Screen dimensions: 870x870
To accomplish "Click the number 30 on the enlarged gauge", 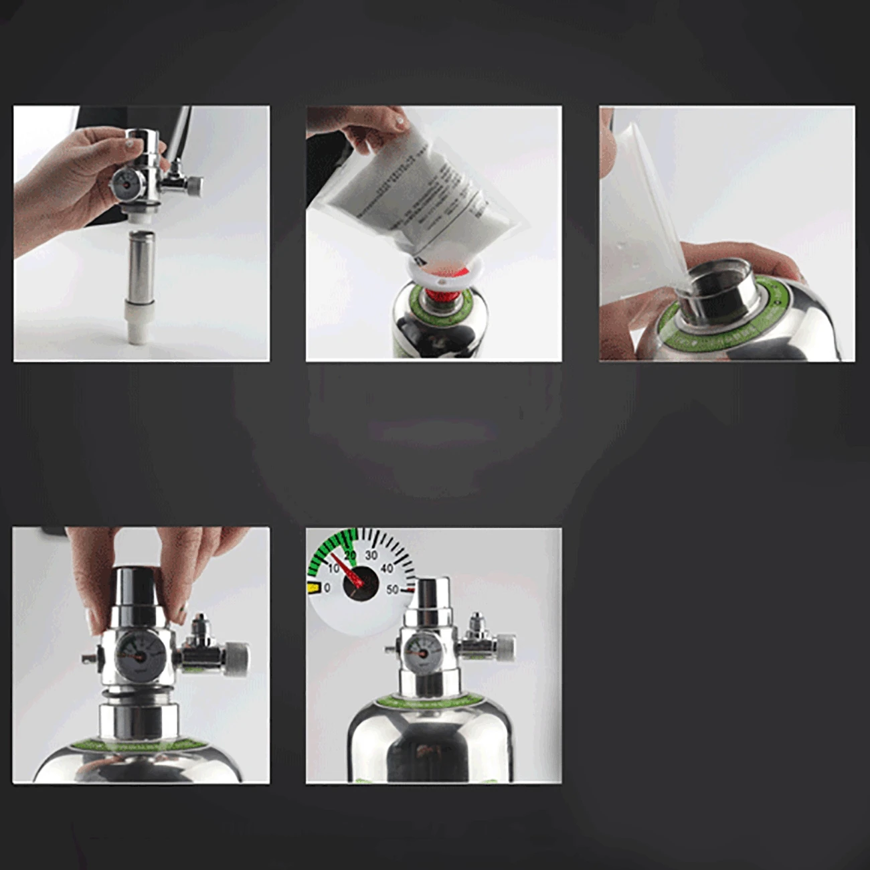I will point(370,555).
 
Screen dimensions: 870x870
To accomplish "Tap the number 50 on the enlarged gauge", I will point(391,590).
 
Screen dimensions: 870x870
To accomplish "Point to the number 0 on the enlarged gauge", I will point(327,588).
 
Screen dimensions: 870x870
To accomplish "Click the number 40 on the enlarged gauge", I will point(386,569).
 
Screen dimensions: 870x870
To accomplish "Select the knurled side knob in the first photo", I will point(194,185).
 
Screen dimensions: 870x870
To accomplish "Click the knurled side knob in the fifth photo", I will point(505,645).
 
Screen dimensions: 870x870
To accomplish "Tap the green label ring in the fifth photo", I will point(428,702).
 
